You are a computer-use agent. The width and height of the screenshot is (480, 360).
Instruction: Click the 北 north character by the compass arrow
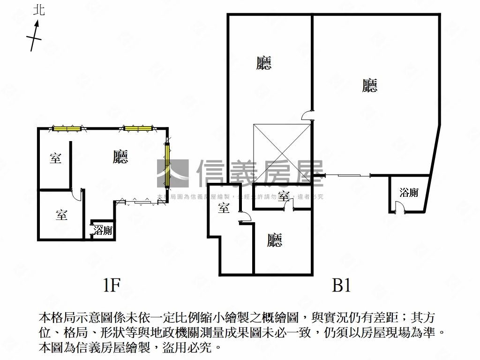[x=39, y=10]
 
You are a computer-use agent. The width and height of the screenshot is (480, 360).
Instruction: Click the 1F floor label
[x=112, y=285]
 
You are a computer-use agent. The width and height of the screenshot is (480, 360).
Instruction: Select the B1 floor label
[x=341, y=285]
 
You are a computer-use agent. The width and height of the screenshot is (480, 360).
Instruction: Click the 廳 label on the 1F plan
[x=120, y=157]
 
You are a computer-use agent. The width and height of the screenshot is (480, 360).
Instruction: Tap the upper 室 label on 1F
[x=55, y=158]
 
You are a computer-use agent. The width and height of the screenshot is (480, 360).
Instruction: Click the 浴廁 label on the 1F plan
[x=103, y=230]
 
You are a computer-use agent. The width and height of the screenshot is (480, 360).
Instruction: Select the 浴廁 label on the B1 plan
[x=409, y=192]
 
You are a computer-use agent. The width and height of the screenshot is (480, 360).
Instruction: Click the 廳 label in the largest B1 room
[x=370, y=85]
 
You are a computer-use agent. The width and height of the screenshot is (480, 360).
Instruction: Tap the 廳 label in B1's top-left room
[x=264, y=63]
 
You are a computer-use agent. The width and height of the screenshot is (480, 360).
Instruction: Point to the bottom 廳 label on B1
[x=275, y=240]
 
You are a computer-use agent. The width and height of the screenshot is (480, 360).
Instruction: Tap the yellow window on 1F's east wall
[x=167, y=164]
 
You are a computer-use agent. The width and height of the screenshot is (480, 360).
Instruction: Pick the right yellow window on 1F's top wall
[x=137, y=127]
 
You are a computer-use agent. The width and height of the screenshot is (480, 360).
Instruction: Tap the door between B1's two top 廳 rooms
[x=308, y=115]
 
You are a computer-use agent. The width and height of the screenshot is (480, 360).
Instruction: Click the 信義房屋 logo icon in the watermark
[x=172, y=173]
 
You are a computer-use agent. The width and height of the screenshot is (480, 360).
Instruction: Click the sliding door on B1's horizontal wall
[x=348, y=175]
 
